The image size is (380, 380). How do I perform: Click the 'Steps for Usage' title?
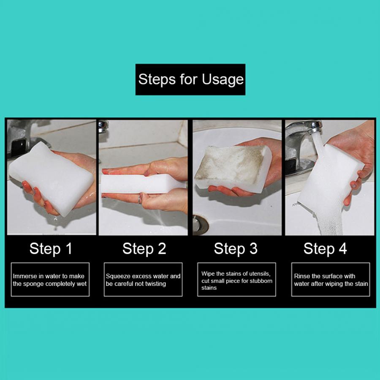coord(191,79)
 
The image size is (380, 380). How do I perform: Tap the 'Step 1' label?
coord(51,249)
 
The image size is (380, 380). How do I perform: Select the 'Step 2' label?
coord(144,249)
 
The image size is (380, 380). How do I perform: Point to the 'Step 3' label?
coord(236,249)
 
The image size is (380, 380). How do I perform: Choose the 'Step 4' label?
coord(325,249)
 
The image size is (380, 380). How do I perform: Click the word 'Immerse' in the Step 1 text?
coord(25,276)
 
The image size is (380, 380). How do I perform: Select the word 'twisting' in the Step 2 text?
coord(155,284)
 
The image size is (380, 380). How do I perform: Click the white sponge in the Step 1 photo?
coord(52,178)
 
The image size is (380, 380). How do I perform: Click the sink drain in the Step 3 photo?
coord(201,225)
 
